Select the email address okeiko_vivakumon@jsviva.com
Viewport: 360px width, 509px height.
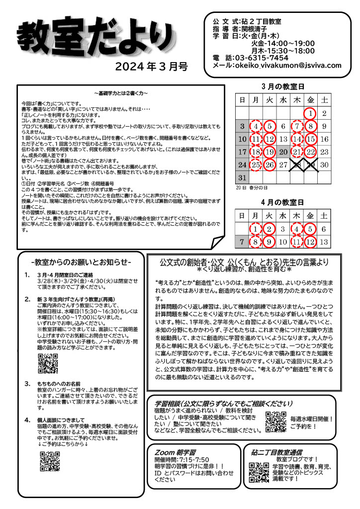point(288,65)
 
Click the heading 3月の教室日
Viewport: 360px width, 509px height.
point(283,86)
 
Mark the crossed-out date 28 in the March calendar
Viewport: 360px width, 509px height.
point(297,165)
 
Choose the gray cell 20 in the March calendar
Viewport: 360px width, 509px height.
point(283,152)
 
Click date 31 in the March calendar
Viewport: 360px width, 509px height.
point(242,177)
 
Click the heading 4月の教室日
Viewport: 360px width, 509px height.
point(283,202)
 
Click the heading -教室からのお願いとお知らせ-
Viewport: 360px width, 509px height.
point(81,262)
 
